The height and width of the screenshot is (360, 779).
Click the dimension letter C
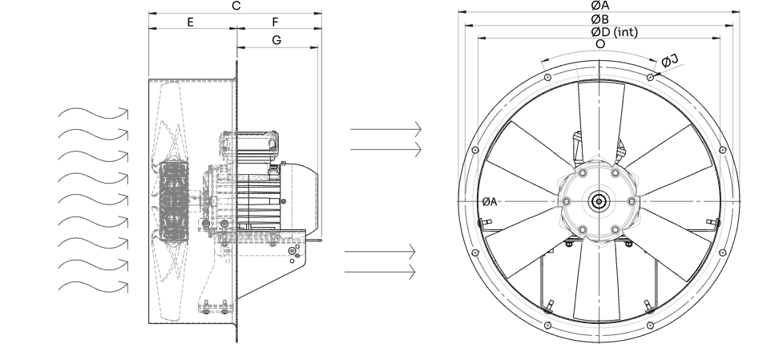click(x=235, y=6)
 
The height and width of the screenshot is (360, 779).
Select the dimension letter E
click(x=190, y=22)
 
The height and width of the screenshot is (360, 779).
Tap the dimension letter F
click(x=276, y=22)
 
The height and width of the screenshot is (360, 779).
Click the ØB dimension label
click(x=598, y=18)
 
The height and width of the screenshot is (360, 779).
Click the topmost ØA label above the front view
click(x=599, y=5)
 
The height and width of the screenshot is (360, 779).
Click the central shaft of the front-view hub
click(x=598, y=200)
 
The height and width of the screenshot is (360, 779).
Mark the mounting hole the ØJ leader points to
click(x=649, y=77)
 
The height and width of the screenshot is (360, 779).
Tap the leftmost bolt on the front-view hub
click(x=565, y=200)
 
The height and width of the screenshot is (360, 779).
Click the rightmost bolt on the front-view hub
click(x=632, y=200)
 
